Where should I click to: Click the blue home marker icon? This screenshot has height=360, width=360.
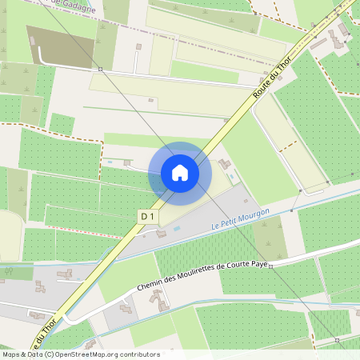click(179, 172)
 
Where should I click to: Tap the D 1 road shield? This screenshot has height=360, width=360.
click(147, 216)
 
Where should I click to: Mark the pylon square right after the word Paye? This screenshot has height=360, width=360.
click(271, 265)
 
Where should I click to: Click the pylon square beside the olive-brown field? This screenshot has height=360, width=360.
click(101, 69)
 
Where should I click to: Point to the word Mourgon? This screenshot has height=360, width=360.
click(254, 214)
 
